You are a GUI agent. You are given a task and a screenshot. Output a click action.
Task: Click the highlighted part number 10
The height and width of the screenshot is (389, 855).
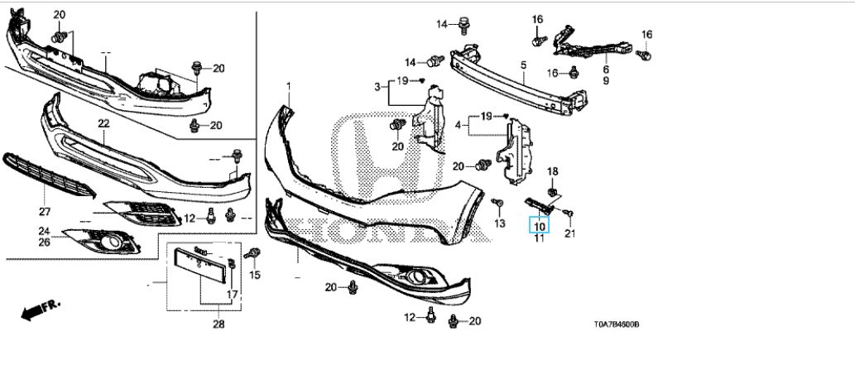pyautogui.click(x=539, y=225)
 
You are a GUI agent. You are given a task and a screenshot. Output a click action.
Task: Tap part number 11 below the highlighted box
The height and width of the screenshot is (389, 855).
pyautogui.click(x=539, y=238)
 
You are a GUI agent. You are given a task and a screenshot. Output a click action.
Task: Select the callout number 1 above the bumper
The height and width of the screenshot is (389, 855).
pyautogui.click(x=289, y=86)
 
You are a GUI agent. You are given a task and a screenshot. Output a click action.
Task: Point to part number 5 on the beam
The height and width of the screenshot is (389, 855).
pyautogui.click(x=522, y=65)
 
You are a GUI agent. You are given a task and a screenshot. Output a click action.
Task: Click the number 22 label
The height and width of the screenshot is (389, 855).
pyautogui.click(x=103, y=123)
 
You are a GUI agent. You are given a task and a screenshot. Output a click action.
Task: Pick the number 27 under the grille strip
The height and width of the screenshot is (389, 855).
pyautogui.click(x=44, y=212)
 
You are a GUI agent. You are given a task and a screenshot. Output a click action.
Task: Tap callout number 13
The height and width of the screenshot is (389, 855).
pyautogui.click(x=500, y=224)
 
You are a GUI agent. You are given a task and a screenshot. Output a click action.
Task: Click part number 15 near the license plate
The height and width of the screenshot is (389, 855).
pyautogui.click(x=255, y=275)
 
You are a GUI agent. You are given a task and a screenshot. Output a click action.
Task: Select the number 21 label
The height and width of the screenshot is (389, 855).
pyautogui.click(x=569, y=234)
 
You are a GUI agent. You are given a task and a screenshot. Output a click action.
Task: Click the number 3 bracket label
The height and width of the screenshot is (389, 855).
pyautogui.click(x=377, y=86)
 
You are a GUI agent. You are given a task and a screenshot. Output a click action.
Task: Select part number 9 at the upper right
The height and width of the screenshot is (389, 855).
pyautogui.click(x=606, y=81)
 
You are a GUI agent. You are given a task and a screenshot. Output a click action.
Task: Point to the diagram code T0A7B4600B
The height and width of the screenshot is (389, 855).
pyautogui.click(x=617, y=324)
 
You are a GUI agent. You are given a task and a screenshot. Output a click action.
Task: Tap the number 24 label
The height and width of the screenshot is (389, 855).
pyautogui.click(x=44, y=231)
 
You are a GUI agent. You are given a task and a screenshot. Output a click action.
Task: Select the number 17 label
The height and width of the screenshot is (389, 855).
pyautogui.click(x=233, y=294)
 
